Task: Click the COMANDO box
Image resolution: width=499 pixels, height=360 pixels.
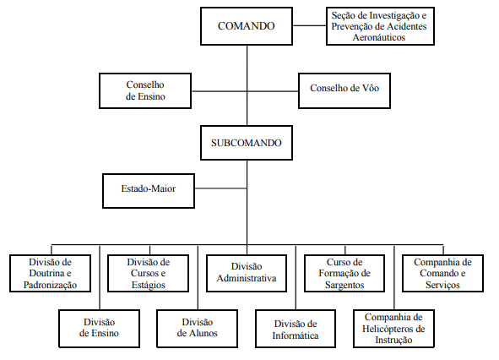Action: coord(247,26)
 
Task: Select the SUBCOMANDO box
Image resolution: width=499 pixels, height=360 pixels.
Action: coord(247,143)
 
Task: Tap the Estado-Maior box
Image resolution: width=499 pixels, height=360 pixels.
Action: coord(149,191)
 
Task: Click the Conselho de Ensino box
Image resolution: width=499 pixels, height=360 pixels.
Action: coord(145,90)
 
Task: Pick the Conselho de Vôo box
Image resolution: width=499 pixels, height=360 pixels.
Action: coord(344,90)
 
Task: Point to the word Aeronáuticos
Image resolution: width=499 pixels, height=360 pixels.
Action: coord(379,37)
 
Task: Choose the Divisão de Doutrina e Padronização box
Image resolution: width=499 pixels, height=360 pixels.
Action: coord(51,273)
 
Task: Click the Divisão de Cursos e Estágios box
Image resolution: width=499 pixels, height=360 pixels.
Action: coord(149,273)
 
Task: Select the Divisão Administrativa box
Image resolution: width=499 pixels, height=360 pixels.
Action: coord(247,273)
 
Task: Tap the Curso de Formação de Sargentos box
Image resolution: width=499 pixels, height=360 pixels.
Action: coord(344,273)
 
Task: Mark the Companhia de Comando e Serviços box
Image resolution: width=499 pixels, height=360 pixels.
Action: coord(442,273)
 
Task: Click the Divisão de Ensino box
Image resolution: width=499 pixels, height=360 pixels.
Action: coord(100,329)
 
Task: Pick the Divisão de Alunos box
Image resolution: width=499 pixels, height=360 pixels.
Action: coord(198,329)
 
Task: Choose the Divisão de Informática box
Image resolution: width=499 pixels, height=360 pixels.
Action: coord(296,329)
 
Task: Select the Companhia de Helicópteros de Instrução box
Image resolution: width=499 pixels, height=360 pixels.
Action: coord(393,329)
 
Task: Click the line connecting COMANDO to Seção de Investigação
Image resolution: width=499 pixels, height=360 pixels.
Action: coord(309,25)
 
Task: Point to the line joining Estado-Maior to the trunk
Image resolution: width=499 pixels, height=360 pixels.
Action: coord(220,188)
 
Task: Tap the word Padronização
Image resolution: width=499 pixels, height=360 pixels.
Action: coord(51,285)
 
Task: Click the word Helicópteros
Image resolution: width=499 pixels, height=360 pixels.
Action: coord(393,329)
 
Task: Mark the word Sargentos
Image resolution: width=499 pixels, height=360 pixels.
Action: coord(344,285)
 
